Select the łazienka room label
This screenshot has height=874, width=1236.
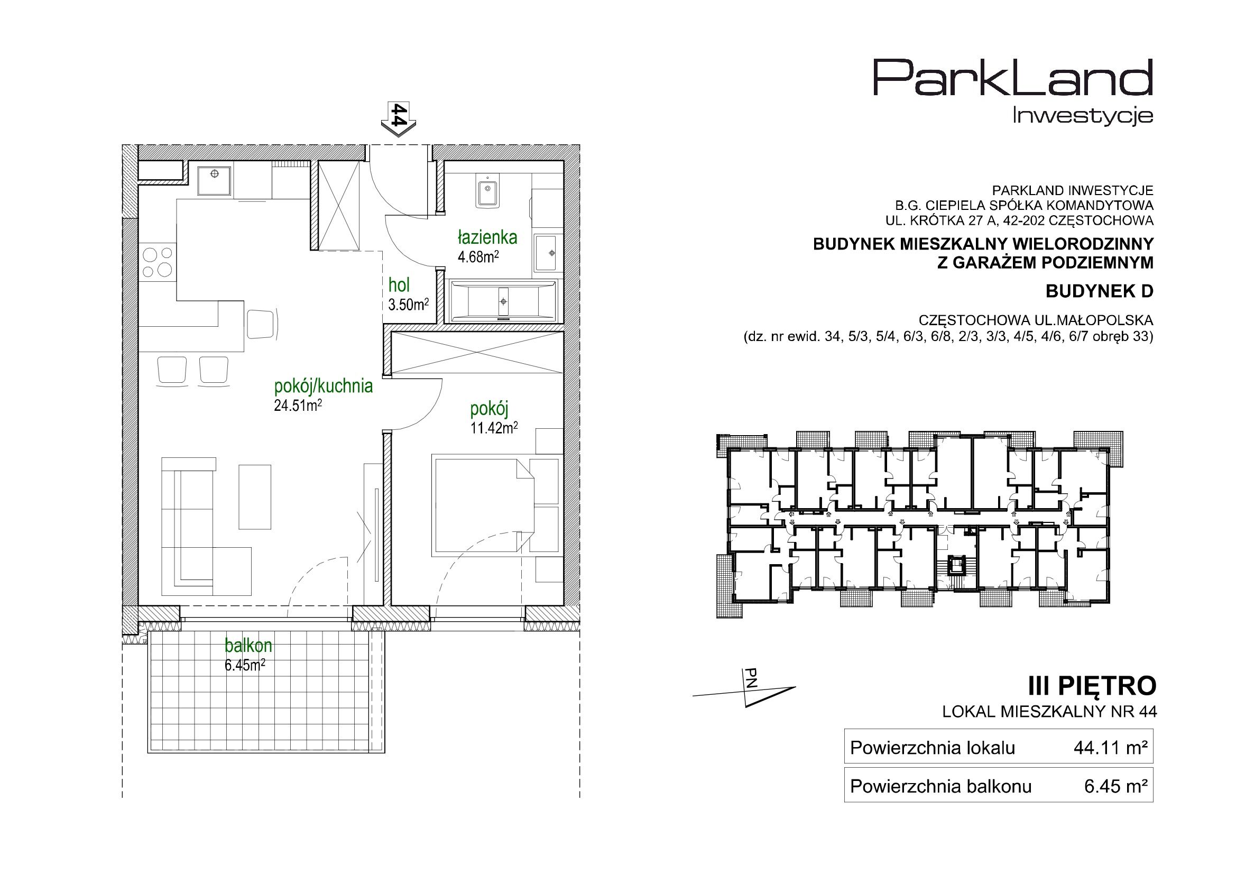(488, 237)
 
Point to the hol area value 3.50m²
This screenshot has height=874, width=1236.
(409, 305)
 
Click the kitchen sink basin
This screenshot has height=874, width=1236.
(215, 181)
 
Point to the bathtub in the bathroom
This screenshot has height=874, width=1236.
(503, 301)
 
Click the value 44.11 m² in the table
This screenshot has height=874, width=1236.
(1116, 748)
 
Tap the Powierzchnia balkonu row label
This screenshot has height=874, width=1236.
(941, 786)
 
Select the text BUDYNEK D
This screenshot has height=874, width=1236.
(1099, 291)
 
